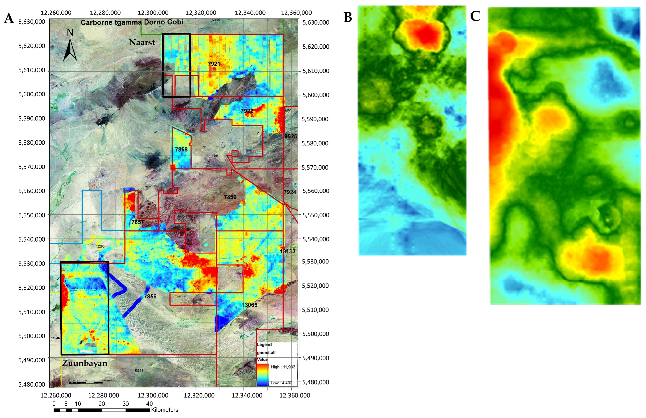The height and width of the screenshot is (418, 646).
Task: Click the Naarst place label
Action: (x=142, y=42)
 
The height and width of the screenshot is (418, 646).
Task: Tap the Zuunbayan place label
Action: (x=85, y=363)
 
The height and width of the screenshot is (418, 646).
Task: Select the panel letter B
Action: (x=348, y=17)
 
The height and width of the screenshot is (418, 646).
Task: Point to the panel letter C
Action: (x=475, y=16)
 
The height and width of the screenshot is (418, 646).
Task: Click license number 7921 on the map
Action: (x=214, y=64)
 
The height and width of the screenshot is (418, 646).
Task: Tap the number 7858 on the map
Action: (x=181, y=149)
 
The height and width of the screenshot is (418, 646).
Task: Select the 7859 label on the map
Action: (x=230, y=197)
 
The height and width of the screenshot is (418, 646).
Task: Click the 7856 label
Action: (x=150, y=296)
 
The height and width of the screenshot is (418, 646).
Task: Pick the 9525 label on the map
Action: (x=290, y=136)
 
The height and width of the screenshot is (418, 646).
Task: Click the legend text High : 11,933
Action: (x=283, y=367)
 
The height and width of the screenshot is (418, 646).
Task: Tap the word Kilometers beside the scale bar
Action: (x=164, y=410)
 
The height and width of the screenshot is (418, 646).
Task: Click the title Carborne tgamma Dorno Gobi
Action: (x=132, y=22)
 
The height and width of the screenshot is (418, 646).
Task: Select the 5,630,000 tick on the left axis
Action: (x=32, y=22)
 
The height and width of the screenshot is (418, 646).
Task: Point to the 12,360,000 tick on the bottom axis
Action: (x=295, y=396)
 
